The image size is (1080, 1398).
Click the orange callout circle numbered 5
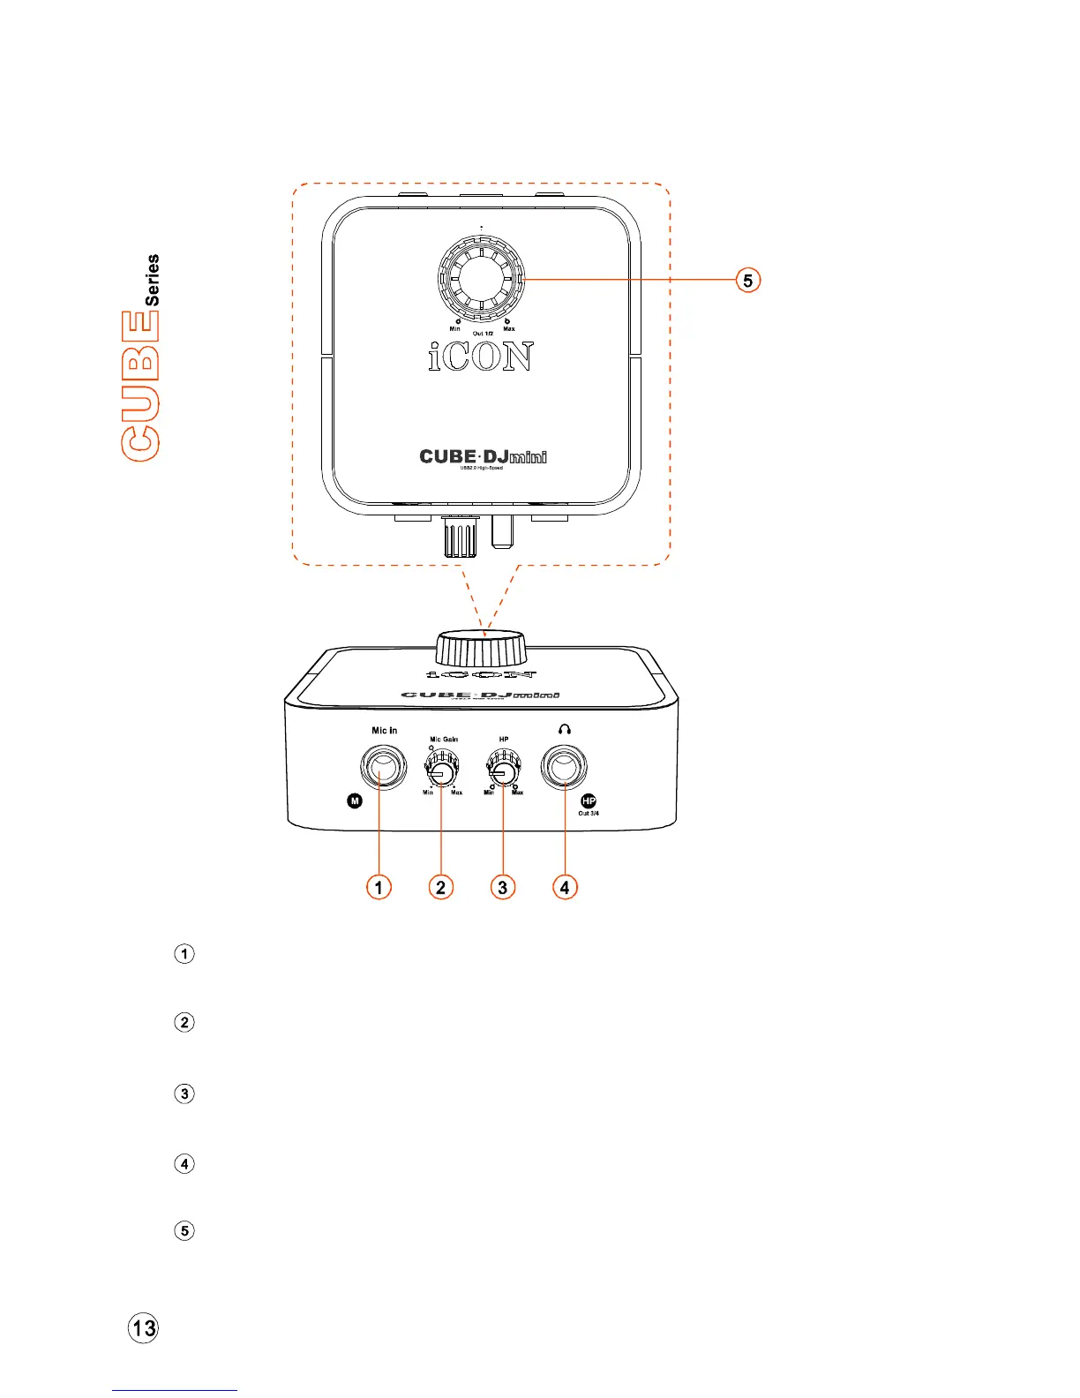click(x=748, y=281)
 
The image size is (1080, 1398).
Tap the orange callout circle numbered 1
click(x=379, y=886)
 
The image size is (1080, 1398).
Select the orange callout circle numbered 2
click(x=440, y=886)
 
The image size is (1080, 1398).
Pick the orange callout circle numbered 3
click(x=502, y=886)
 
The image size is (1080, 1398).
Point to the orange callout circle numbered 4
click(x=565, y=886)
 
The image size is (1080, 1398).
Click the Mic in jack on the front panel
click(x=384, y=768)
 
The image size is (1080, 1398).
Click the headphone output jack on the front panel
click(x=565, y=768)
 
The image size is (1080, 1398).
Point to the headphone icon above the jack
click(x=565, y=730)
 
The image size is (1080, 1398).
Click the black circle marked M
click(x=355, y=801)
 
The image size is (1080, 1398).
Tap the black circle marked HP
click(x=589, y=801)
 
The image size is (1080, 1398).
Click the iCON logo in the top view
click(x=481, y=356)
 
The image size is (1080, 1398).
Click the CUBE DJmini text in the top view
click(x=483, y=456)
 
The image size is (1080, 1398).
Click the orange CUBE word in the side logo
click(x=141, y=385)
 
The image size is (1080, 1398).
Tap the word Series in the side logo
click(x=153, y=280)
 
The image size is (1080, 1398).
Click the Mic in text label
click(x=385, y=731)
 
